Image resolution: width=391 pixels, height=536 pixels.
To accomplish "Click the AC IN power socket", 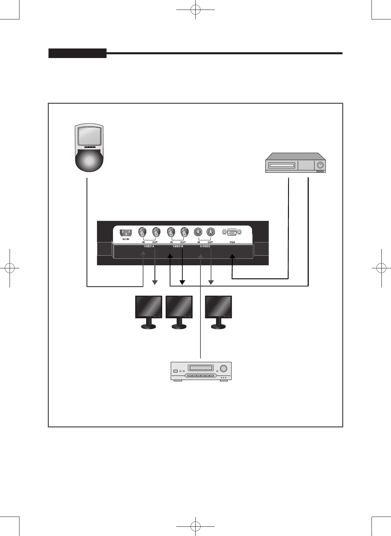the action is tap(126, 232).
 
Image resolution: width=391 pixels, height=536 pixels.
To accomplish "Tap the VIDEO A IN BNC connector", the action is tap(142, 232).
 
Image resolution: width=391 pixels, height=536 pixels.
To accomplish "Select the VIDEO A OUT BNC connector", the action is tap(156, 232).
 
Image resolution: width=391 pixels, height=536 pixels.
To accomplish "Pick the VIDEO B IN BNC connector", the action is tap(171, 232).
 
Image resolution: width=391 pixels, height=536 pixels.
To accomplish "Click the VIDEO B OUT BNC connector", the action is tap(184, 232).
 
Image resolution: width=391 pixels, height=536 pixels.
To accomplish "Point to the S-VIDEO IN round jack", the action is tap(198, 232).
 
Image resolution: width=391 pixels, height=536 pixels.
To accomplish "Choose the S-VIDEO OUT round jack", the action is tap(211, 232).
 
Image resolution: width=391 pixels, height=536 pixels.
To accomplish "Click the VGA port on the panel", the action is tap(232, 232).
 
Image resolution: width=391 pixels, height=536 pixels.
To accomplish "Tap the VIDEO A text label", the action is tap(149, 246).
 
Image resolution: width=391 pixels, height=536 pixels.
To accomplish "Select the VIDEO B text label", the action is tap(178, 246).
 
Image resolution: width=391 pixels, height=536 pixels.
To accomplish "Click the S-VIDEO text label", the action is tap(205, 246).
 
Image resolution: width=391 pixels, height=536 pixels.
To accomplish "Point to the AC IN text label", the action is tap(126, 239).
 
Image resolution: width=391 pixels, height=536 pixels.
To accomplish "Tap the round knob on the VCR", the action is tap(320, 165).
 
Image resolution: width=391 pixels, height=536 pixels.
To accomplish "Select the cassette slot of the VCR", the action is tap(281, 166).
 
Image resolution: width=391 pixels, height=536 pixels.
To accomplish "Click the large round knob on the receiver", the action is tap(223, 368).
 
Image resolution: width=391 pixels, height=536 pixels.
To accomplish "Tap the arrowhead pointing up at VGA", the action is tap(232, 256).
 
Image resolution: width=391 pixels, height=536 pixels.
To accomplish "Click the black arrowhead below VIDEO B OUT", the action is tap(182, 282).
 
